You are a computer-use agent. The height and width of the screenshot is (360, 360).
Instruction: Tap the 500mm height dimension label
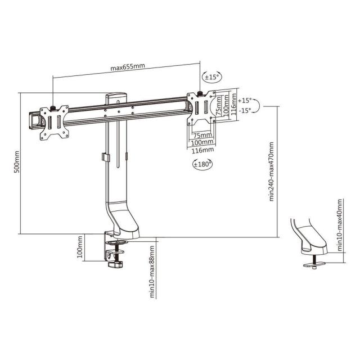pyautogui.click(x=16, y=161)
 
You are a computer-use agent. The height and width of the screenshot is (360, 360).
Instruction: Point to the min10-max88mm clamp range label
pyautogui.click(x=152, y=278)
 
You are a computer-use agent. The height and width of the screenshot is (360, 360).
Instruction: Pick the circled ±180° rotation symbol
pyautogui.click(x=202, y=164)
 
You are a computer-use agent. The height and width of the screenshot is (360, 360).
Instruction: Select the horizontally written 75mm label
pyautogui.click(x=202, y=136)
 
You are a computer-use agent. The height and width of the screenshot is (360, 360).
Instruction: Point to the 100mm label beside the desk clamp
pyautogui.click(x=80, y=247)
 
